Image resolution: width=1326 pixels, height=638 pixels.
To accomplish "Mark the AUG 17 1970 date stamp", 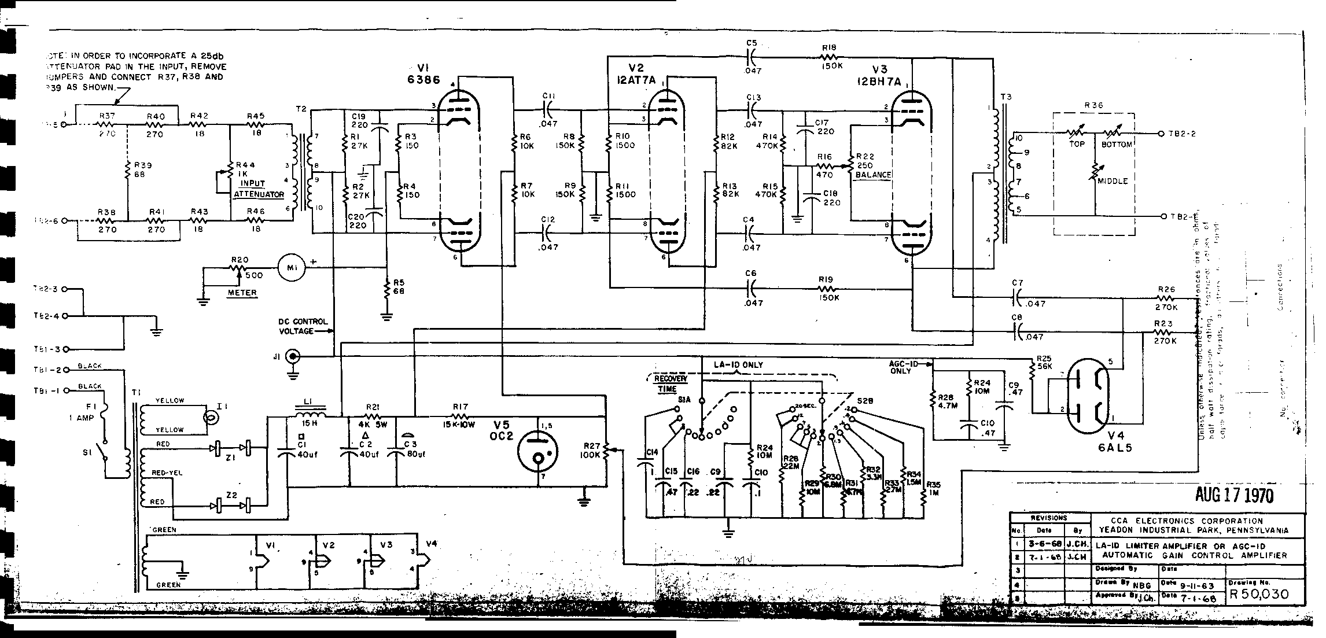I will (1233, 495).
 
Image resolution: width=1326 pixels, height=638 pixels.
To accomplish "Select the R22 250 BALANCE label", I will (873, 165).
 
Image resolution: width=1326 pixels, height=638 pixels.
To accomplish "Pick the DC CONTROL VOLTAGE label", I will (303, 326).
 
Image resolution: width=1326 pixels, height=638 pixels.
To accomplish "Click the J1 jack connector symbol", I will (294, 357).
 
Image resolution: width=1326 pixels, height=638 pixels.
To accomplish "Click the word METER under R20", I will (242, 293).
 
